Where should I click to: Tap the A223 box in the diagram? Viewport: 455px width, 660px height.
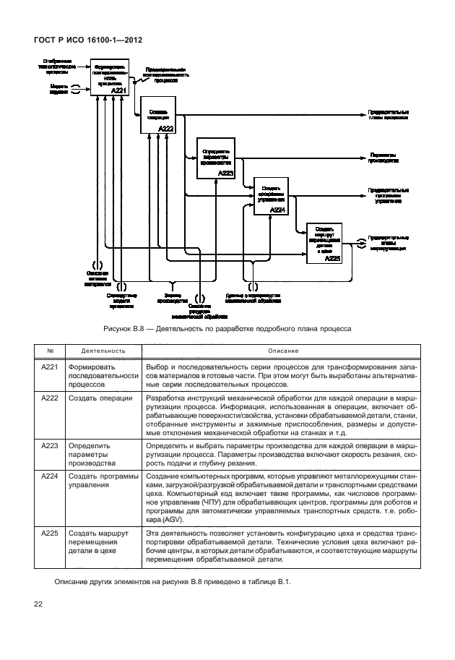(216, 158)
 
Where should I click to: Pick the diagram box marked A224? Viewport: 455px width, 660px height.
(269, 194)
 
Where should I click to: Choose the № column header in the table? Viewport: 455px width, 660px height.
(50, 351)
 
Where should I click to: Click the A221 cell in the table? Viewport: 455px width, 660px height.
(50, 367)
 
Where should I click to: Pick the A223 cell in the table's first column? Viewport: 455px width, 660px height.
(50, 446)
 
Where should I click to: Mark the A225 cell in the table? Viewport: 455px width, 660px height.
(50, 533)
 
